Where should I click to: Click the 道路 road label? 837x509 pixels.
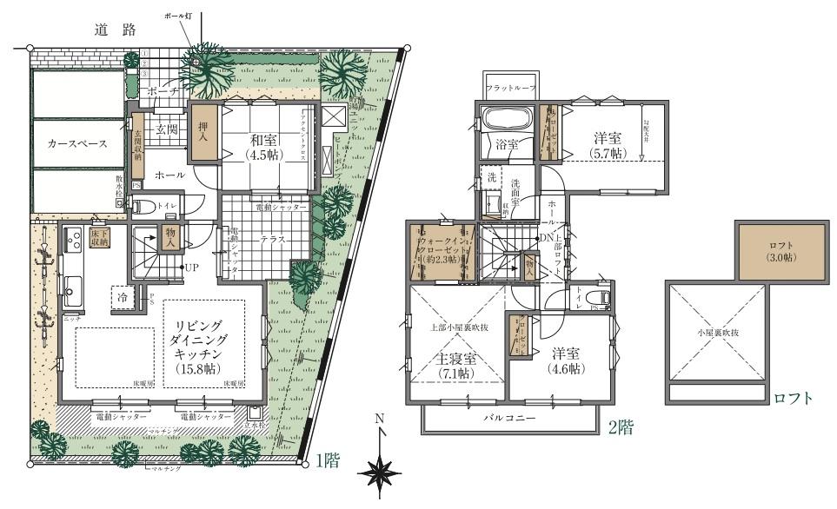[116, 30]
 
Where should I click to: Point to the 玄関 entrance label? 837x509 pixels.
[166, 129]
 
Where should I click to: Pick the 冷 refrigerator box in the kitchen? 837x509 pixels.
[123, 297]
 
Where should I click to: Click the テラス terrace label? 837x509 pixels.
[271, 239]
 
